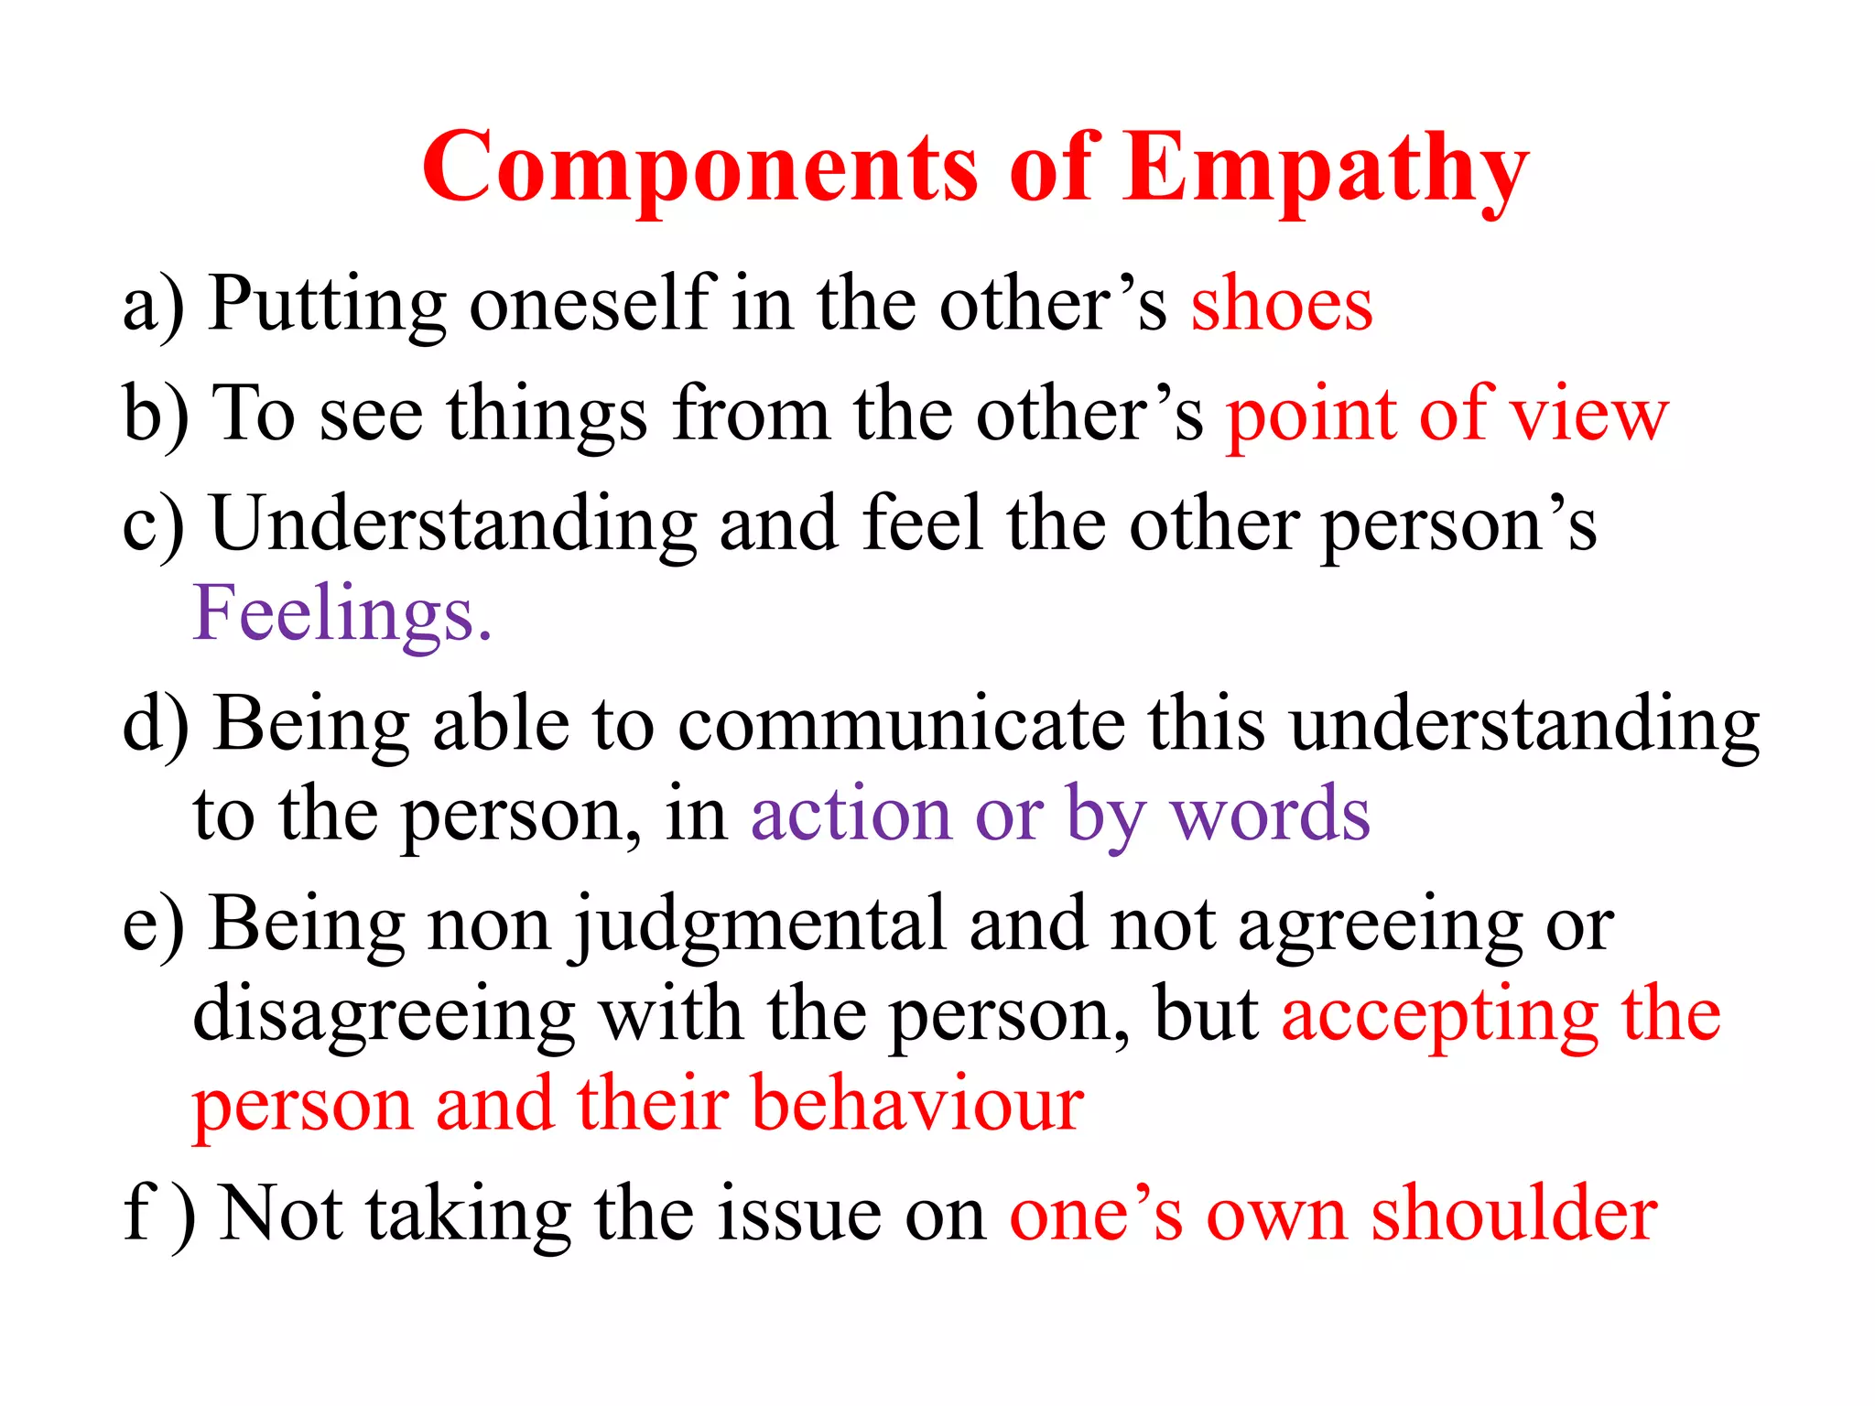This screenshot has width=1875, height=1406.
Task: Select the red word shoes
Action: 1282,305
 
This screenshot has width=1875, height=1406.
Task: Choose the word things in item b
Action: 547,415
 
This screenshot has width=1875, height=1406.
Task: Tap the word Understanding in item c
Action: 453,525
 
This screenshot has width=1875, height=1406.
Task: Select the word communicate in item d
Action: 901,724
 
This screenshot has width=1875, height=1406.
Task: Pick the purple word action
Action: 851,814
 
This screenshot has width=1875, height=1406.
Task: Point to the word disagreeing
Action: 384,1016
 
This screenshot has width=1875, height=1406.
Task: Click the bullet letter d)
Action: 157,724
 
